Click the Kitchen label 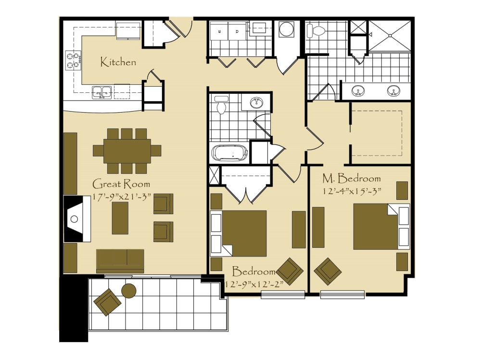click(x=118, y=62)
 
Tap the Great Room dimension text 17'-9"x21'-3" click(x=122, y=197)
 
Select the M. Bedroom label click(x=352, y=178)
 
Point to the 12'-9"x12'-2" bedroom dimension click(x=254, y=284)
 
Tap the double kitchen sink click(x=102, y=92)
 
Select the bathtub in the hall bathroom click(x=230, y=153)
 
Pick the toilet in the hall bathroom click(x=221, y=105)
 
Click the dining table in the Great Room click(x=127, y=151)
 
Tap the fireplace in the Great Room click(x=77, y=219)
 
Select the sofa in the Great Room click(x=120, y=261)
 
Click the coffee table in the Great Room click(x=120, y=218)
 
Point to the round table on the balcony click(x=129, y=290)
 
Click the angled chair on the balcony click(x=107, y=302)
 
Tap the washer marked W click(x=219, y=31)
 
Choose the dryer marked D click(x=237, y=31)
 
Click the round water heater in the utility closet click(x=287, y=29)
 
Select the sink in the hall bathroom click(x=256, y=103)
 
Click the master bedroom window click(x=342, y=295)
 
